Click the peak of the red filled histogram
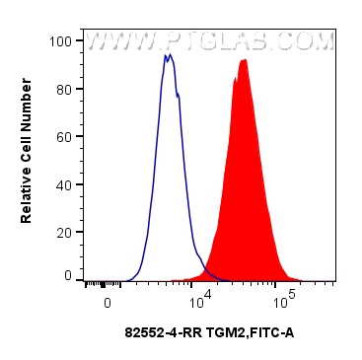tap(243, 60)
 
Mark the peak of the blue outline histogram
tap(169, 55)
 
